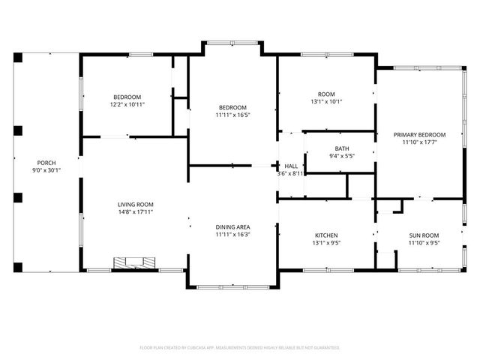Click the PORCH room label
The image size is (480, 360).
coord(46,163)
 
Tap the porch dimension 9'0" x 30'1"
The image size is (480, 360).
coord(46,170)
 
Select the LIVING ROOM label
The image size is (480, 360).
coord(135,205)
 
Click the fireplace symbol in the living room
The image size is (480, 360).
coord(136,263)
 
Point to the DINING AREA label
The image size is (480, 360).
coord(232,227)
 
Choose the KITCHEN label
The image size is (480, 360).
coord(326,235)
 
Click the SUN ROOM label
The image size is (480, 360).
coord(424,235)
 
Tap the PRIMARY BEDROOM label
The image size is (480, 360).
coord(420,135)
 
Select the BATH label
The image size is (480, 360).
coord(342,148)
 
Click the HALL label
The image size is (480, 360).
coord(291,166)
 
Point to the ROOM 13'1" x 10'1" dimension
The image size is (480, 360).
coord(326,102)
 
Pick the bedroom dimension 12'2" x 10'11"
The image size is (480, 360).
coord(127,105)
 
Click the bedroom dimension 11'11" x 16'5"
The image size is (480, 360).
coord(232,115)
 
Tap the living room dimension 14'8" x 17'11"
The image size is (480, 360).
coord(135,212)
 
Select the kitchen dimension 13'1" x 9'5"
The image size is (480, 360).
coord(326,242)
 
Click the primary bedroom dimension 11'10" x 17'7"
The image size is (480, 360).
coord(420,142)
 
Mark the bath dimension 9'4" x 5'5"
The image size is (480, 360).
coord(342,156)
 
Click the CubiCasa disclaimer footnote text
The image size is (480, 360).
coord(240,348)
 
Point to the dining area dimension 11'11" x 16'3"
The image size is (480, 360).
coord(232,235)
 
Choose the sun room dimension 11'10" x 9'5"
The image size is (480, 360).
coord(424,242)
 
